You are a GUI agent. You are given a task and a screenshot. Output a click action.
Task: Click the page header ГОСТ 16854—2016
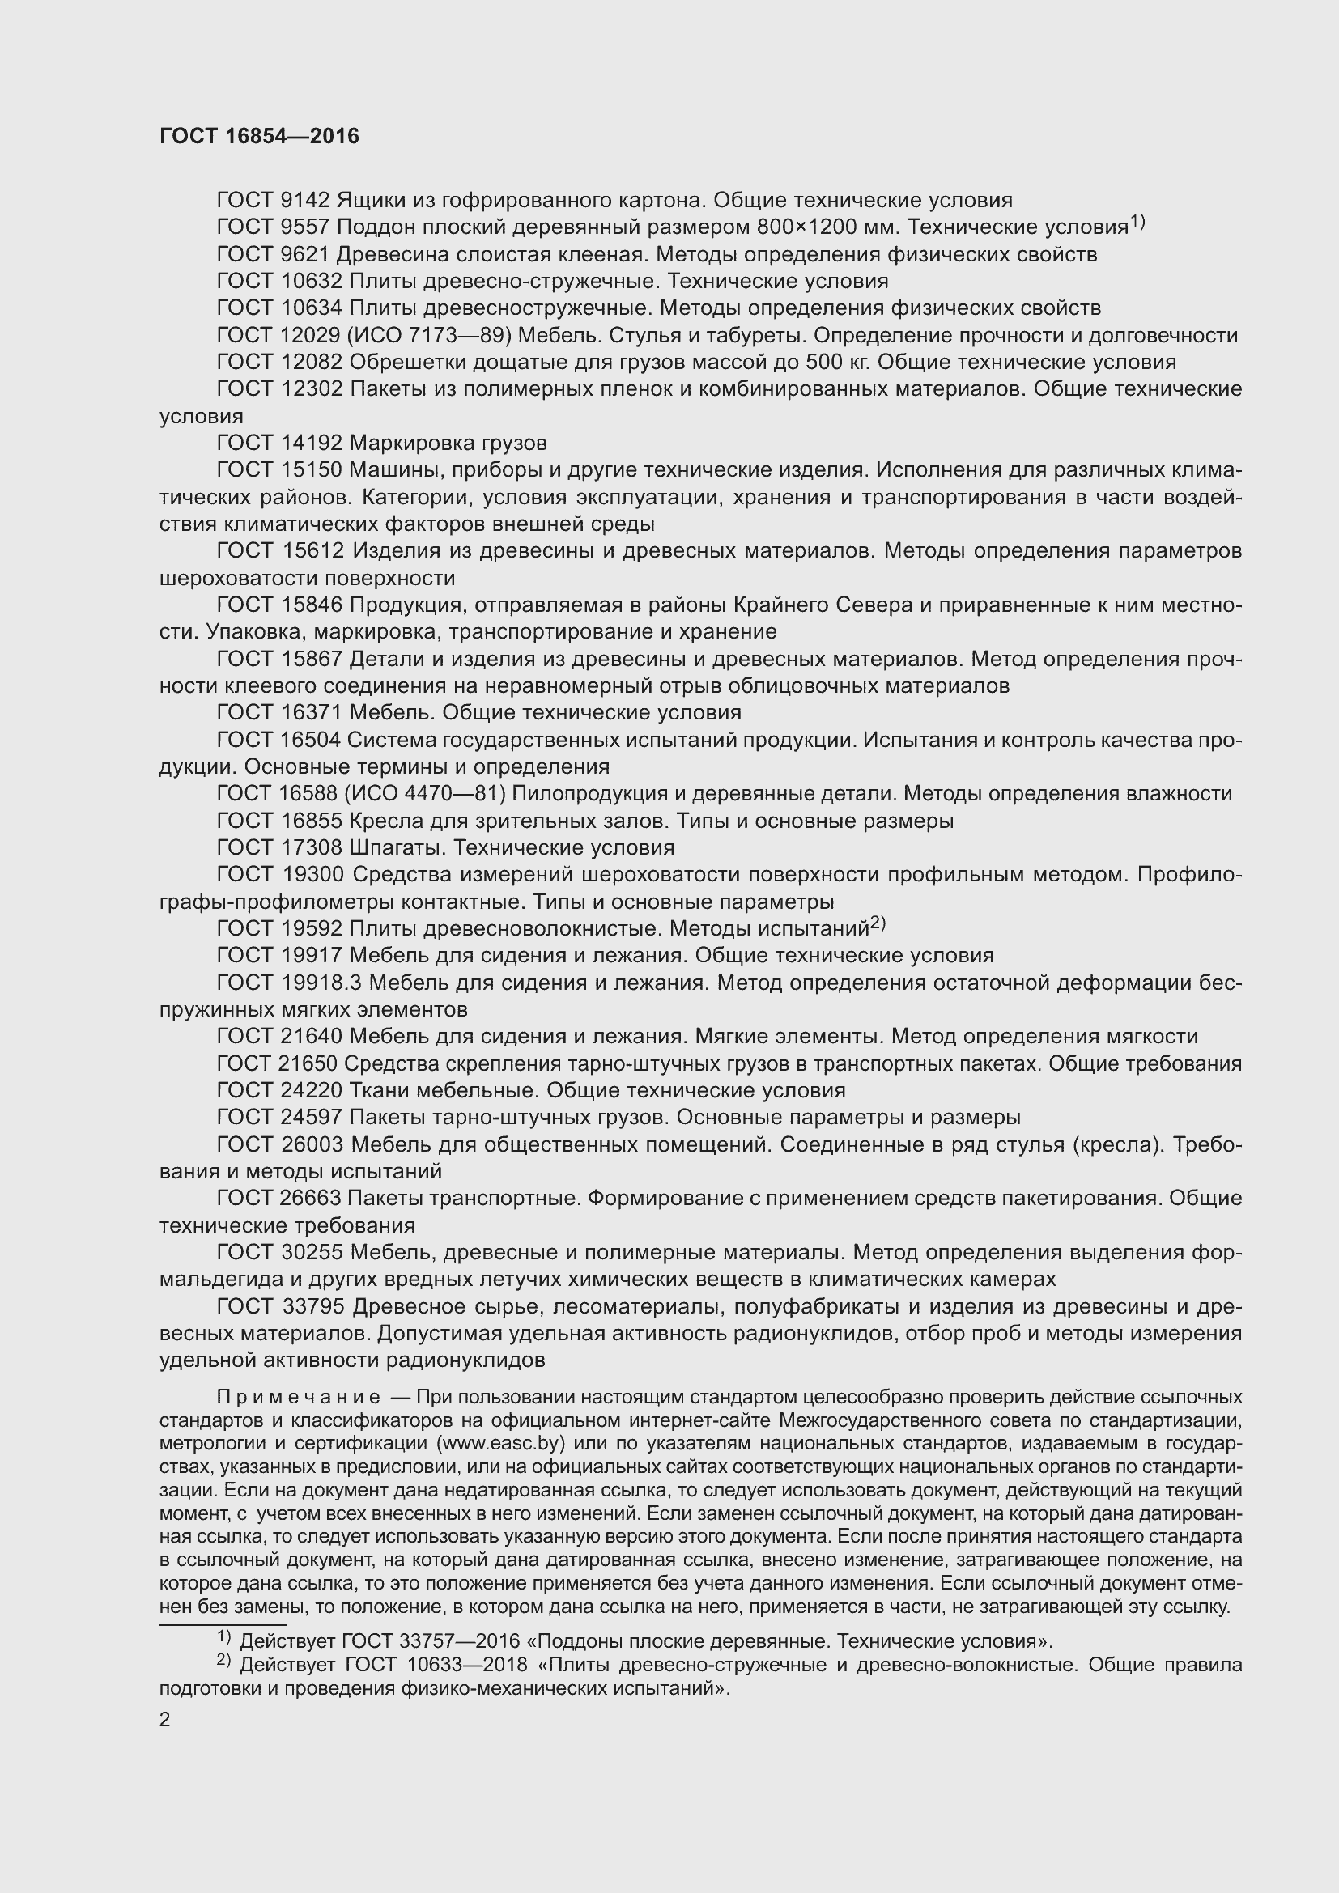click(259, 137)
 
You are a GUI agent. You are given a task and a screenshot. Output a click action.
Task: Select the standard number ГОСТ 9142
click(273, 201)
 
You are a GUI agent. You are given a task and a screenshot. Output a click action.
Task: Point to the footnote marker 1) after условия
click(1137, 222)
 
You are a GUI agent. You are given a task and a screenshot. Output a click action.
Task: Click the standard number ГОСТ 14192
click(279, 444)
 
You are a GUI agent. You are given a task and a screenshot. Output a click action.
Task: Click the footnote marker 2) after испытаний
click(878, 923)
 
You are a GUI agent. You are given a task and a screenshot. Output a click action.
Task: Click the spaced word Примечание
click(299, 1398)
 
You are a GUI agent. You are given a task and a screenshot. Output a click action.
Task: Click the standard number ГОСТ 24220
click(279, 1091)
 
